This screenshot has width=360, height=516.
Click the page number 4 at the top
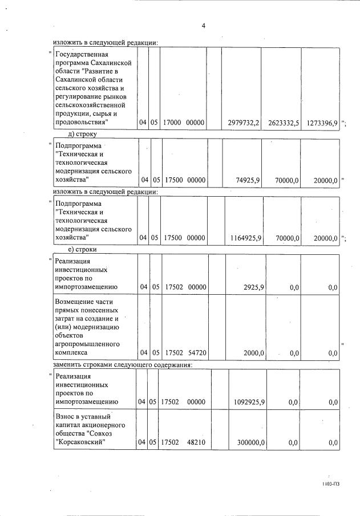[x=203, y=26]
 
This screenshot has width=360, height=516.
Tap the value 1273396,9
[x=321, y=123]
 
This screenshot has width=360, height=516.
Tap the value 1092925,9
[x=249, y=402]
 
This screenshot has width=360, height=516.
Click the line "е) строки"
[x=82, y=249]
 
